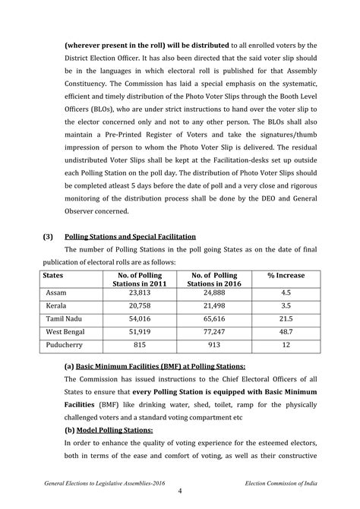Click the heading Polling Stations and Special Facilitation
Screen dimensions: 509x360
point(131,236)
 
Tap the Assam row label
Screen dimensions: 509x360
point(58,292)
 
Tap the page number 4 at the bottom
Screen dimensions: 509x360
point(180,492)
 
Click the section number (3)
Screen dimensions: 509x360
point(47,236)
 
